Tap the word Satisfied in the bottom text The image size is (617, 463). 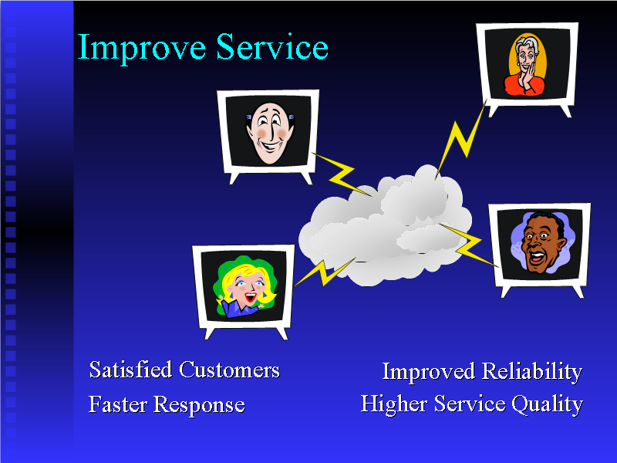pyautogui.click(x=130, y=370)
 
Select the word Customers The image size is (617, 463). pyautogui.click(x=229, y=370)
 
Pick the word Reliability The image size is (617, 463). pyautogui.click(x=532, y=372)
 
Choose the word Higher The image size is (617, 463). pyautogui.click(x=394, y=404)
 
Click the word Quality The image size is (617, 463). pyautogui.click(x=550, y=404)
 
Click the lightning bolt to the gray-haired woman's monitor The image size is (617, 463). pyautogui.click(x=460, y=143)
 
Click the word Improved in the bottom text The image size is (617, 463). pyautogui.click(x=429, y=372)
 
